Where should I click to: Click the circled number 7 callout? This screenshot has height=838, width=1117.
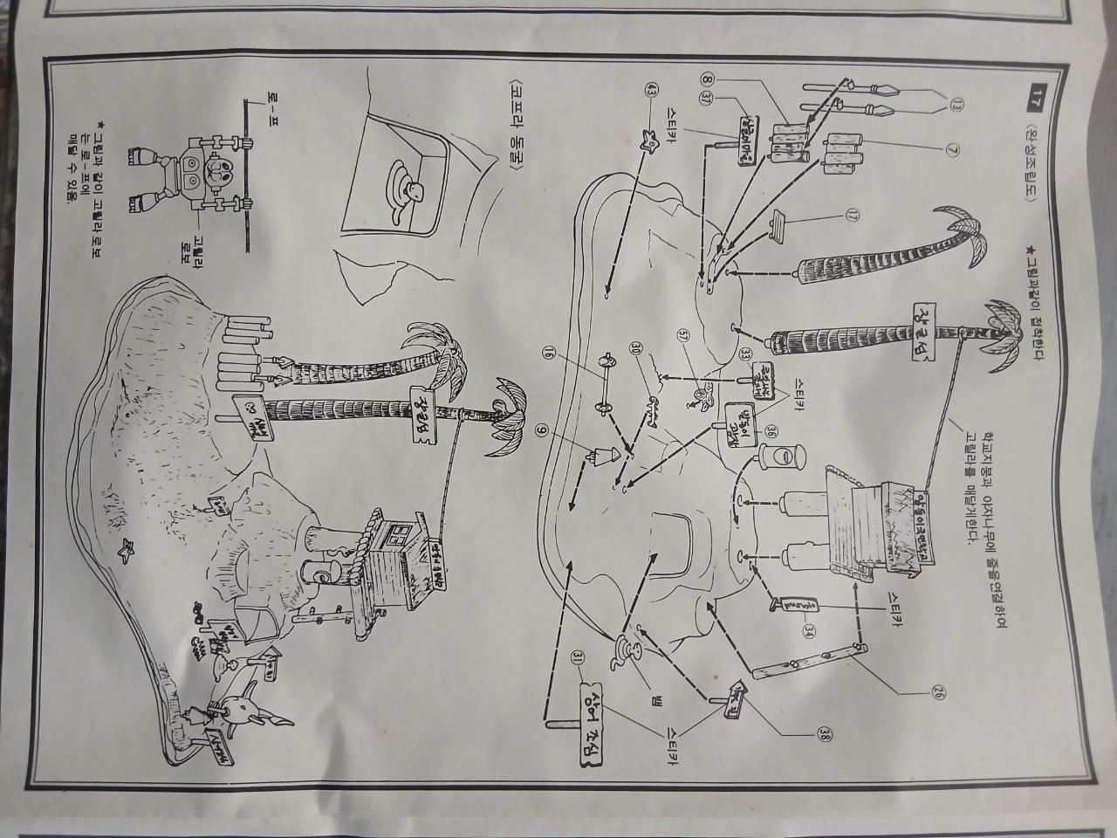952,149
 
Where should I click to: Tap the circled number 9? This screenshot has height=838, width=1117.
541,429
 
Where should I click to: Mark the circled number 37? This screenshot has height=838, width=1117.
704,100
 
